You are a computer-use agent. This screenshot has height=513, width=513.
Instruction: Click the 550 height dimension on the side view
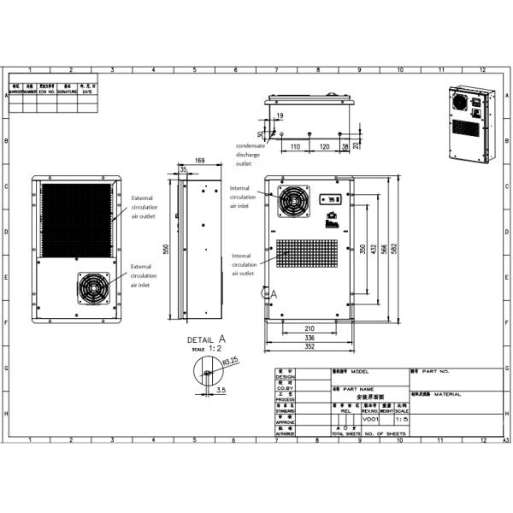coord(168,248)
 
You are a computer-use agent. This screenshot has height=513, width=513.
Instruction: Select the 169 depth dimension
coord(199,160)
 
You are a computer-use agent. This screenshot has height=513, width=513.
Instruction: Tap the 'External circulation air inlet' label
coord(144,275)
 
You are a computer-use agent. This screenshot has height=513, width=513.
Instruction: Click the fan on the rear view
coord(89,287)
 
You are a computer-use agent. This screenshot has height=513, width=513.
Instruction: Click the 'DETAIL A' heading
coord(205,339)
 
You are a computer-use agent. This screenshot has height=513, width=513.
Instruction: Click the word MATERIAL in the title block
coord(447,394)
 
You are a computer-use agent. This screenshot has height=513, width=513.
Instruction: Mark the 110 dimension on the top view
coord(295,147)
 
